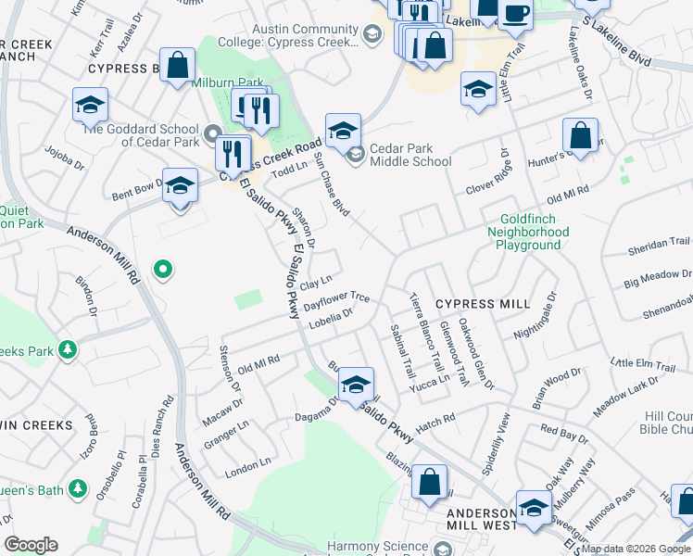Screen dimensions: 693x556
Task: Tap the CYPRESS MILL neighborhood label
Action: (483, 304)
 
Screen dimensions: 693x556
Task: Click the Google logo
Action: (31, 545)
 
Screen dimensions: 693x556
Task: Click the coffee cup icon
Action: (515, 14)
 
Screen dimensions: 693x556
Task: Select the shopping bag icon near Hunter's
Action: (580, 136)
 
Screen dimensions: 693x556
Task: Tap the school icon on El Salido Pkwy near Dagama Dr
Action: (355, 385)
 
